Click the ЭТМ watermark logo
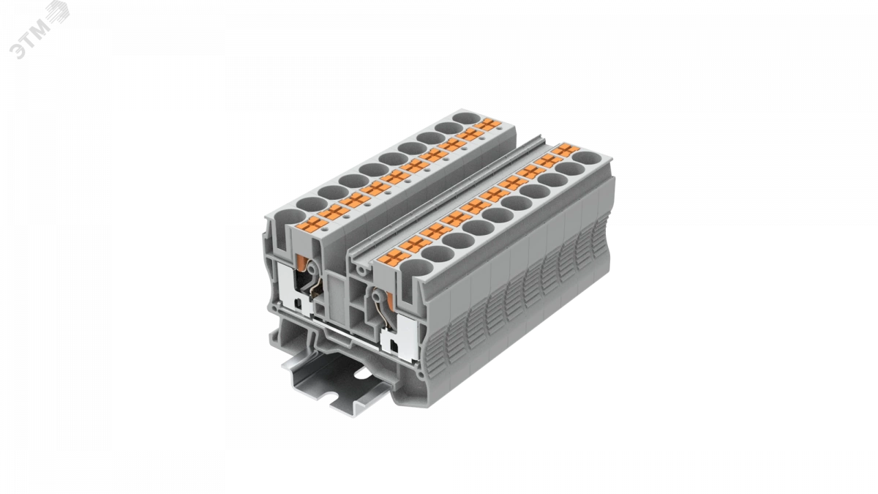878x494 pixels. point(39,30)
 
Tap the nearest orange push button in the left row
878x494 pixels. point(312,225)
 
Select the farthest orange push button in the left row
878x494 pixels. point(487,125)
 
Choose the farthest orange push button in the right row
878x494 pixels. point(566,150)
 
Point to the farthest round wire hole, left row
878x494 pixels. point(466,118)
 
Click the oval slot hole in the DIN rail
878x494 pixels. point(363,374)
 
